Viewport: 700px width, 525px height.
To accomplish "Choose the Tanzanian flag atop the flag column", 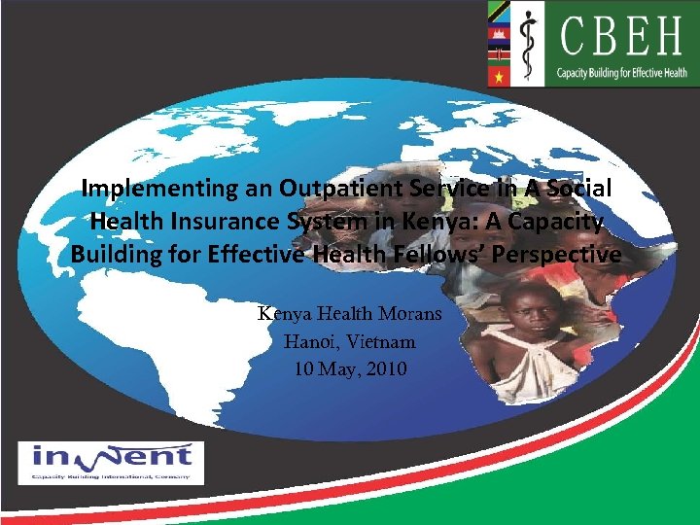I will point(500,14).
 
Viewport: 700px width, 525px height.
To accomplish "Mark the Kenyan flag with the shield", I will point(500,54).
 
